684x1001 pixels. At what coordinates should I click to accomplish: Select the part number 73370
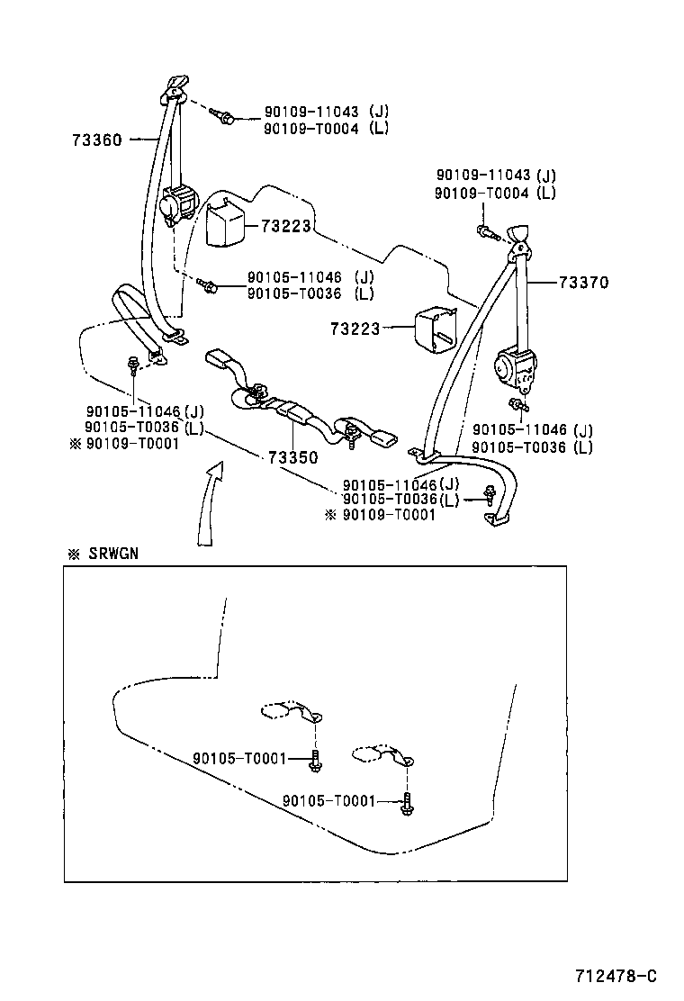582,283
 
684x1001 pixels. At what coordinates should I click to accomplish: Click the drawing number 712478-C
616,976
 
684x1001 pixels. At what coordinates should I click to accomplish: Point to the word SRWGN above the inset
113,554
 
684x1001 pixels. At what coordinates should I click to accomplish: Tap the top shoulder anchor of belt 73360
175,87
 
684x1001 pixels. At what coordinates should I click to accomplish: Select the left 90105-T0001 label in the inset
238,759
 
